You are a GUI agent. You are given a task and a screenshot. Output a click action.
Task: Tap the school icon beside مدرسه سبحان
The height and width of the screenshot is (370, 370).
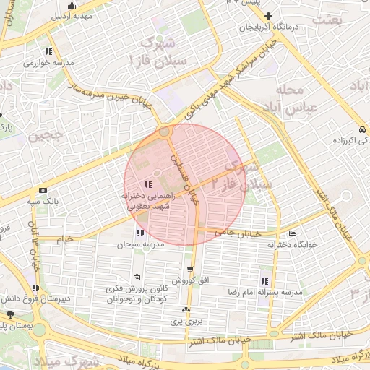[139, 233]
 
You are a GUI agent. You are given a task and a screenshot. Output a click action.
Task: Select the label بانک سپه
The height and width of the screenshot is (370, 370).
[43, 202]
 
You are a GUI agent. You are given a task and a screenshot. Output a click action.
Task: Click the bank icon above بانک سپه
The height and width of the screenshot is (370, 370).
[43, 190]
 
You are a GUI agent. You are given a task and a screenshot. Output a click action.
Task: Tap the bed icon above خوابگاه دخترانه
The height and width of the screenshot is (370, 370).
[292, 233]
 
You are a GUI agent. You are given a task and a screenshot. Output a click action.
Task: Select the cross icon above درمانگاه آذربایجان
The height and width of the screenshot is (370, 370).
[269, 15]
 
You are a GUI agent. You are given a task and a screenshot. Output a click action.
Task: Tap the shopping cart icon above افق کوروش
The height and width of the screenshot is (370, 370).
[190, 269]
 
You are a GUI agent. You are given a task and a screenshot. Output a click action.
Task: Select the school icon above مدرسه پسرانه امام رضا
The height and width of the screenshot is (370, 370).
[264, 280]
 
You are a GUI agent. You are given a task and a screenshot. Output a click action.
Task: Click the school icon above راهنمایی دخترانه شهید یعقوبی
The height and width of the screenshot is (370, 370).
[149, 184]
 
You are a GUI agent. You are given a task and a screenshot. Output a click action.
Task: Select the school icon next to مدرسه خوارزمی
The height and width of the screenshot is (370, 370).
[48, 52]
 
